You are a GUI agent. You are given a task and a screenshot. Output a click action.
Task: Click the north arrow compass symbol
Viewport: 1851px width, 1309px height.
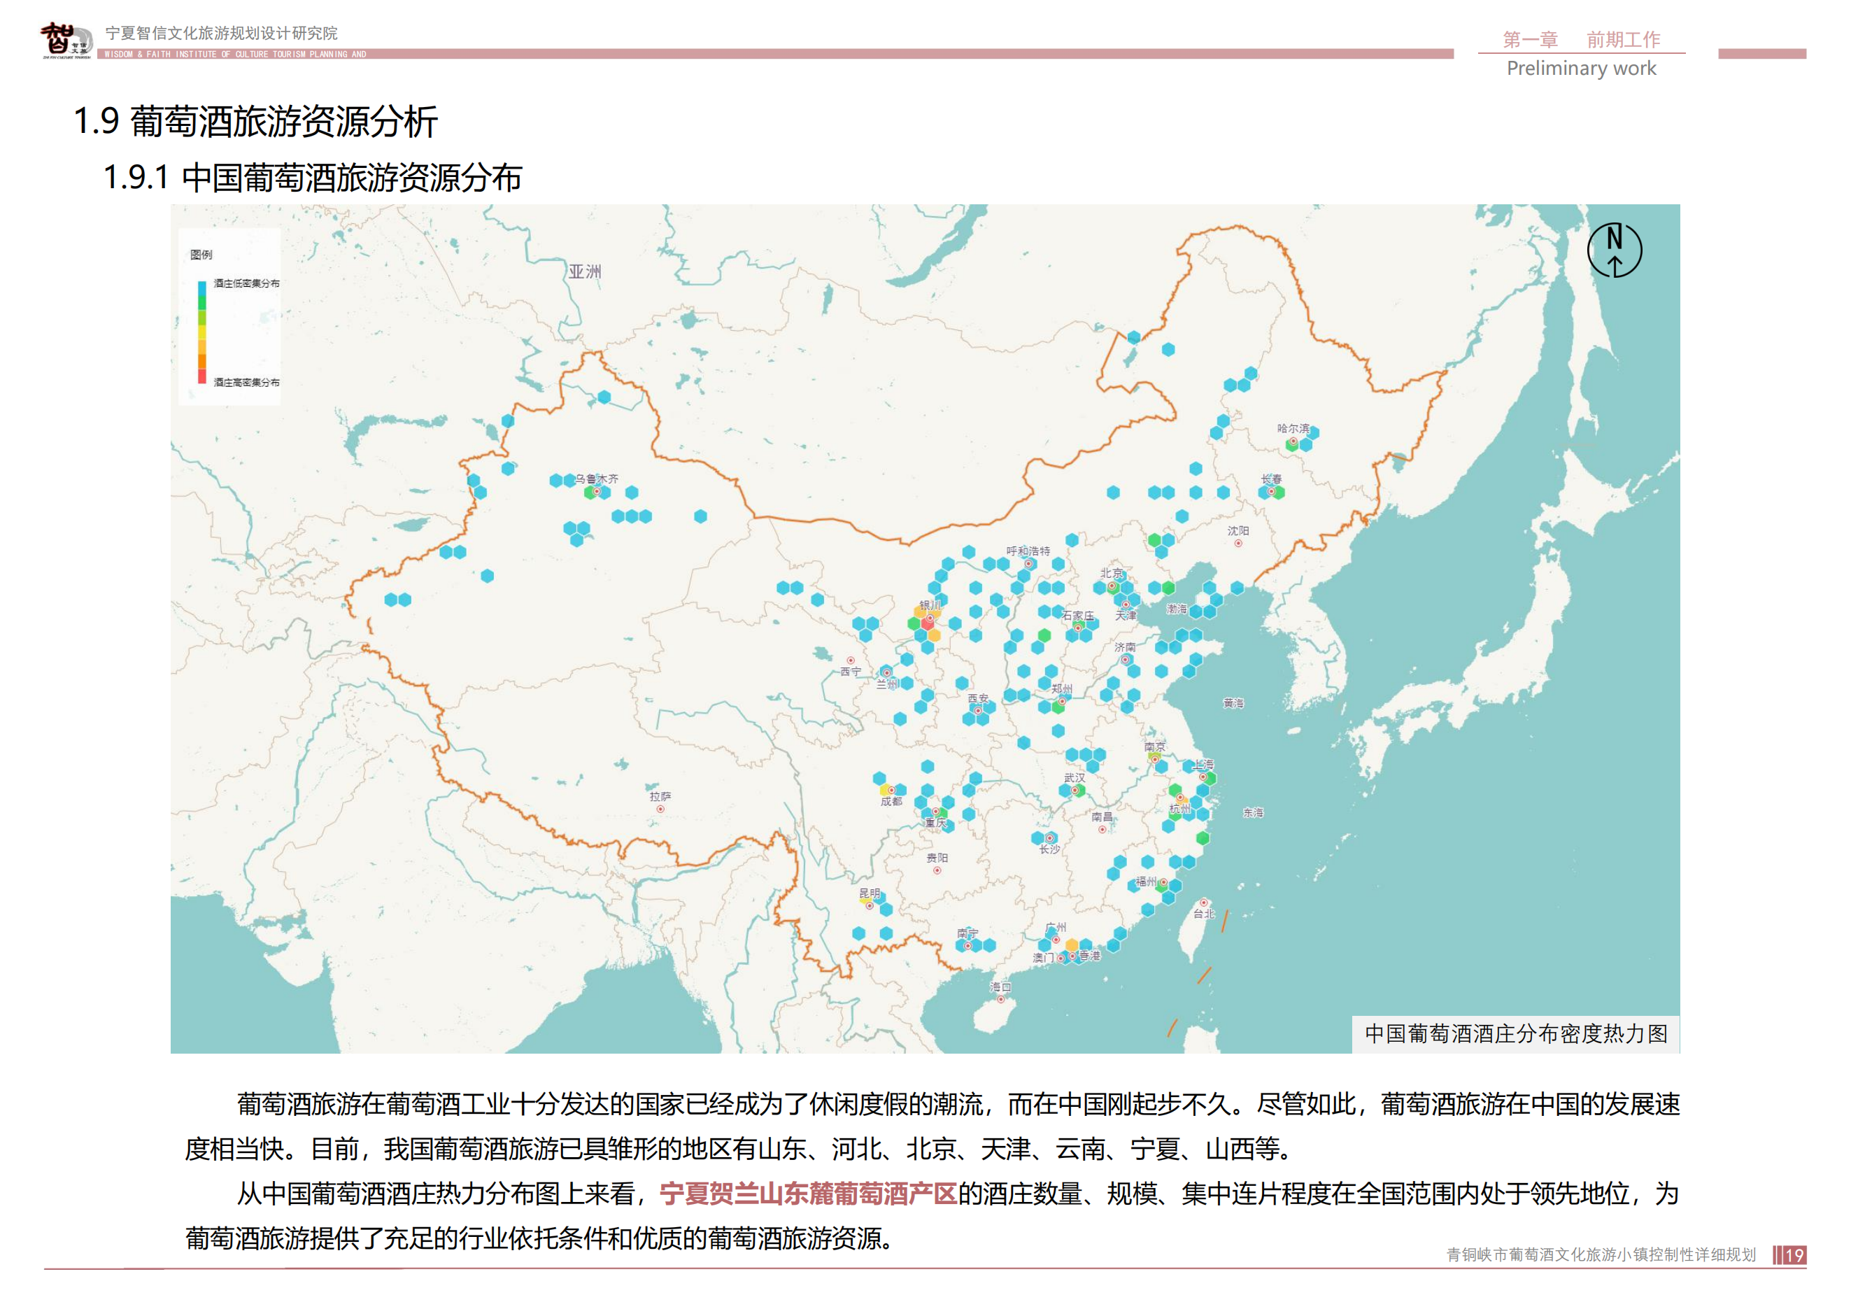(x=1614, y=250)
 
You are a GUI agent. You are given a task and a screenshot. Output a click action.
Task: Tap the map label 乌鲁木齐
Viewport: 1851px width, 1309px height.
(x=597, y=479)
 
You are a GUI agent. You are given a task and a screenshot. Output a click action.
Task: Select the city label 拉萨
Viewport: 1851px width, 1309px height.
(x=660, y=796)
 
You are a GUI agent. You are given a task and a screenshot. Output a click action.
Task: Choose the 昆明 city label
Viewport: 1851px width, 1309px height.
(x=869, y=893)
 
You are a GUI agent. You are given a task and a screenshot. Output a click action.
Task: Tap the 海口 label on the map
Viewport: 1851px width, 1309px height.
(x=1000, y=986)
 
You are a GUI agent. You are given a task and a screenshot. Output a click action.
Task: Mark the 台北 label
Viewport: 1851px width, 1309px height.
(x=1204, y=914)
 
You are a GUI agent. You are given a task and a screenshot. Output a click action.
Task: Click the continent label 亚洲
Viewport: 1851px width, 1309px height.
(x=585, y=271)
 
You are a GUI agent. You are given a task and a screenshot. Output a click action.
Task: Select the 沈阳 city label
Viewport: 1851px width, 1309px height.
(x=1237, y=531)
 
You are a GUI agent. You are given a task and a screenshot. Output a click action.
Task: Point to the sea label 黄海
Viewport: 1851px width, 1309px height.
(x=1233, y=703)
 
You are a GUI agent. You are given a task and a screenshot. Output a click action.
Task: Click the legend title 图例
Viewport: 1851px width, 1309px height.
(x=201, y=255)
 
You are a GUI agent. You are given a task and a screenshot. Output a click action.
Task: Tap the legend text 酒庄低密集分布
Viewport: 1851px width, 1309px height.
(x=247, y=284)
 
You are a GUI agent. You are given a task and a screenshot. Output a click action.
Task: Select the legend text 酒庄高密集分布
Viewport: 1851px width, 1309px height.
(x=247, y=382)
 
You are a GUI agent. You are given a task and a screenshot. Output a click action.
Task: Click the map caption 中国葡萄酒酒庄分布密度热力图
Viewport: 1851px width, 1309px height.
(x=1516, y=1033)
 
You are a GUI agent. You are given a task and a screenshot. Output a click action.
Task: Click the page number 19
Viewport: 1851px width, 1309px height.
(x=1794, y=1255)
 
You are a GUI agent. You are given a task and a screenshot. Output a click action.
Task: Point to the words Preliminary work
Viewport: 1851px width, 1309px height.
(x=1581, y=69)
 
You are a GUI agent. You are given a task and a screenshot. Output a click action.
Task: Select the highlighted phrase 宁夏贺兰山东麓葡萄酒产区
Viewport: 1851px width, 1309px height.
(x=808, y=1193)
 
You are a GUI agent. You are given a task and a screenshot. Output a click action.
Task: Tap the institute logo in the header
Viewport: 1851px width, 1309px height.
(x=66, y=41)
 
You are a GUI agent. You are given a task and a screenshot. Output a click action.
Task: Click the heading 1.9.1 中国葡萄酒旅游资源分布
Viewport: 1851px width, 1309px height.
(x=313, y=177)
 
